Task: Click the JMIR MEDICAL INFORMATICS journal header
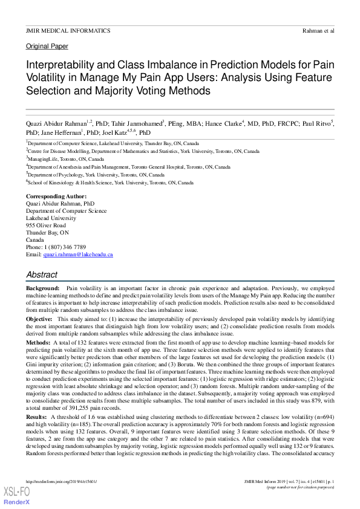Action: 68,30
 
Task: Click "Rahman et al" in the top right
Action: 318,30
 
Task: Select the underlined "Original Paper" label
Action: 47,47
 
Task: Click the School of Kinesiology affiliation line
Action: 110,182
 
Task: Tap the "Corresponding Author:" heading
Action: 56,196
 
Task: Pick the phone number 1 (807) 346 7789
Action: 64,247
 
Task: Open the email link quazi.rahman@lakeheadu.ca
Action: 78,254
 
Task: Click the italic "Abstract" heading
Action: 42,274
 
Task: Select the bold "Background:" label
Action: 43,290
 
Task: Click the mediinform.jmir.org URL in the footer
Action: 62,481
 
